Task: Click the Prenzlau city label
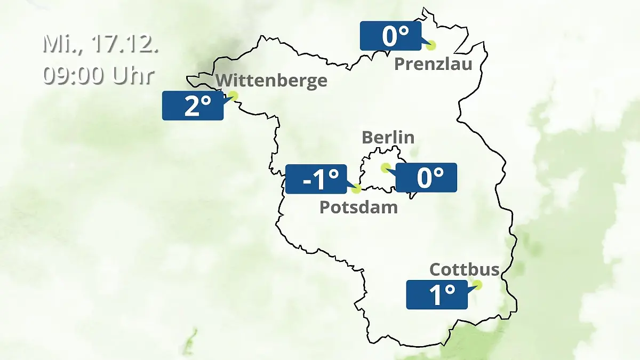point(433,65)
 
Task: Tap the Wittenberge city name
point(271,81)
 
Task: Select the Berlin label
point(388,137)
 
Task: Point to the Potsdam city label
point(358,207)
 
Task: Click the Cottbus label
point(465,269)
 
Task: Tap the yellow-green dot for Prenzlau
point(430,45)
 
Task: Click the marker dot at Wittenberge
point(233,96)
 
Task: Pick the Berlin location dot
point(385,167)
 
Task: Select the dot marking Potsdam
point(357,188)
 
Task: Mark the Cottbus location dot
point(477,285)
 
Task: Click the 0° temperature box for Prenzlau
point(390,36)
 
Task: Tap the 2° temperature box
point(193,106)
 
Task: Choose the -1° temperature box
point(316,179)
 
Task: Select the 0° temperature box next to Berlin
point(426,178)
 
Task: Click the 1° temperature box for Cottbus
point(437,294)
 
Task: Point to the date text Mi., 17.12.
point(100,44)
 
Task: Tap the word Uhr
point(133,76)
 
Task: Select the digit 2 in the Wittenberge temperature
point(191,106)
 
